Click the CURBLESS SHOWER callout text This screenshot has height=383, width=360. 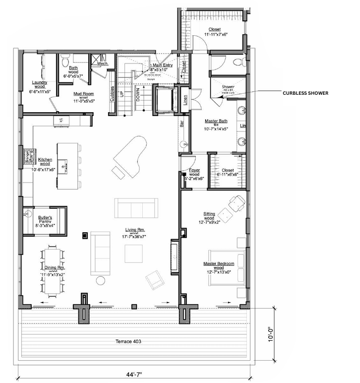pyautogui.click(x=305, y=93)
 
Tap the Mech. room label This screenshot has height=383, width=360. pyautogui.click(x=103, y=64)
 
